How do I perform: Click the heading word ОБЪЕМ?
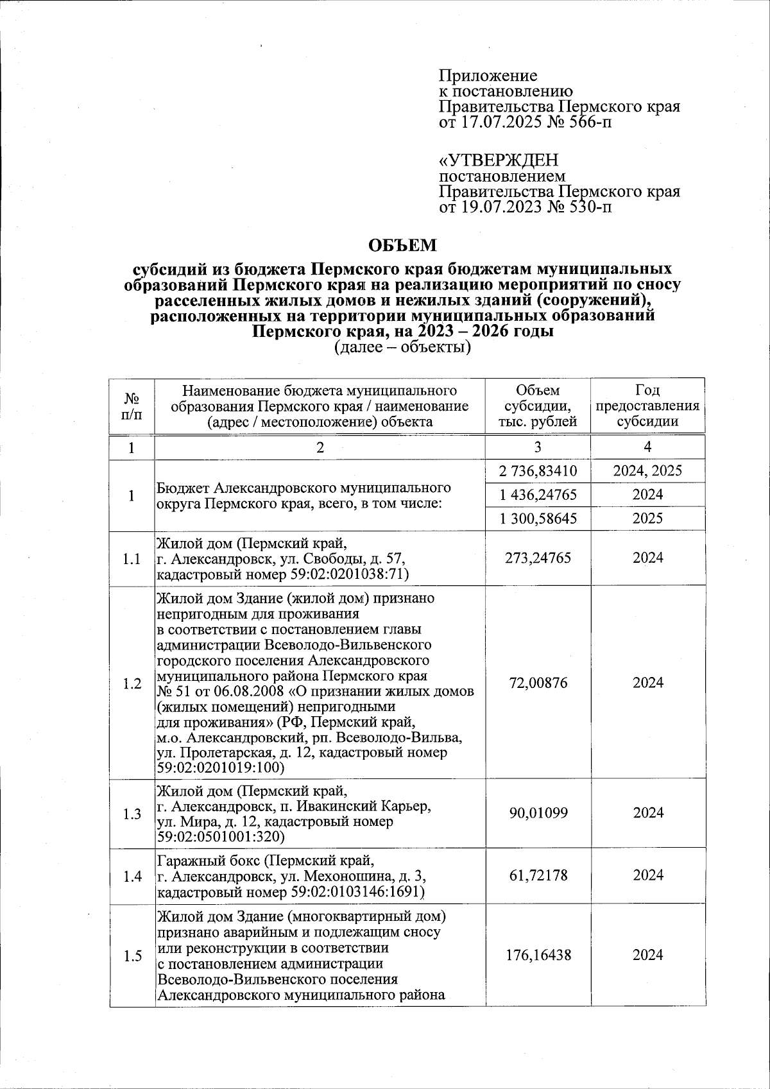click(402, 246)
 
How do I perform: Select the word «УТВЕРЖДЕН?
click(499, 160)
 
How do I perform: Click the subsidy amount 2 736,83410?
click(538, 472)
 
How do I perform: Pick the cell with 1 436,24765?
click(538, 495)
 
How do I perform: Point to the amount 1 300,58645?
click(538, 518)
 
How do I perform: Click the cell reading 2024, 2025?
click(647, 472)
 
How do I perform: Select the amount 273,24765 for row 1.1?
click(538, 558)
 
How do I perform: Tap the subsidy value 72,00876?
click(538, 683)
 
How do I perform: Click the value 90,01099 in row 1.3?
click(538, 813)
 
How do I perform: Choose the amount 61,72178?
click(538, 875)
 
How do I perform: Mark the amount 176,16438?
click(538, 955)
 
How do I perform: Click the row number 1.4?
click(132, 876)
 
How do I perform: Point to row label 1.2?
click(132, 683)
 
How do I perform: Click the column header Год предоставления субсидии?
click(647, 406)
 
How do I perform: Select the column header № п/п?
click(132, 406)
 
